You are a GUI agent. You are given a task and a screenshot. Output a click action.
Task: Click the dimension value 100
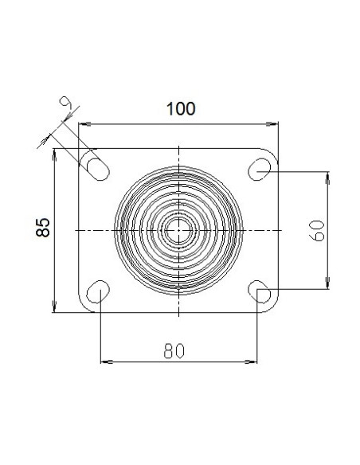point(181,108)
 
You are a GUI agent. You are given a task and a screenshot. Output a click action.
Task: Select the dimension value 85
point(43,228)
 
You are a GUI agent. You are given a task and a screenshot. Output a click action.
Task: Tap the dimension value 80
point(174,351)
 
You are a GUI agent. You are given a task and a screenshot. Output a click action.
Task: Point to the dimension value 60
point(317,231)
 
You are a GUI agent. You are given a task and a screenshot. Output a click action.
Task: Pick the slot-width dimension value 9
point(66,104)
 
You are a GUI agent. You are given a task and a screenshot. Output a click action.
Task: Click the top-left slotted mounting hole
point(99,170)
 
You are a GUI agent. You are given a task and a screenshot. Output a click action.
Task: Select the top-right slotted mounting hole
point(259,170)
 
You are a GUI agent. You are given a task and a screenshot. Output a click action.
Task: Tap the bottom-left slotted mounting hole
point(98,291)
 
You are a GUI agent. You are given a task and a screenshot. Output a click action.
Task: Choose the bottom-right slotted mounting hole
point(259,291)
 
